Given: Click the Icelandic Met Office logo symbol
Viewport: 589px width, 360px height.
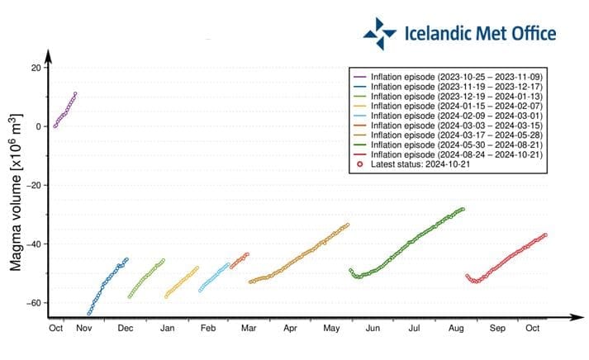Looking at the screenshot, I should pos(380,34).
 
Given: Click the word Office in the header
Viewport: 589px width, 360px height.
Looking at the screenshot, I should pos(525,34).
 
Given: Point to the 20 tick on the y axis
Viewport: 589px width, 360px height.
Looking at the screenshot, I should pos(36,67).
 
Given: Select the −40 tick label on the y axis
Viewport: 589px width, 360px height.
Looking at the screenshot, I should pos(33,244).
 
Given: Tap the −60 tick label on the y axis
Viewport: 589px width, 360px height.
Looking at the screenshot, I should pos(33,303).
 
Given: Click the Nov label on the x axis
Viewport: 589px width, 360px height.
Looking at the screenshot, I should pos(83,329).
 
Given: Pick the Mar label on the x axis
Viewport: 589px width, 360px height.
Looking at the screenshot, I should pos(249,329).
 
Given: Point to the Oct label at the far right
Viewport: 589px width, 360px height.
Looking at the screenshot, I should pos(533,329).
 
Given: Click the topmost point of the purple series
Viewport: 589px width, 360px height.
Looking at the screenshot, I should pos(75,94).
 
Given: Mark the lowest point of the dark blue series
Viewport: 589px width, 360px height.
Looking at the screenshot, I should pos(88,314).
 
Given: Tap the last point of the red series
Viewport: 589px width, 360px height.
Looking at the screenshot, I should pos(545,234).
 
